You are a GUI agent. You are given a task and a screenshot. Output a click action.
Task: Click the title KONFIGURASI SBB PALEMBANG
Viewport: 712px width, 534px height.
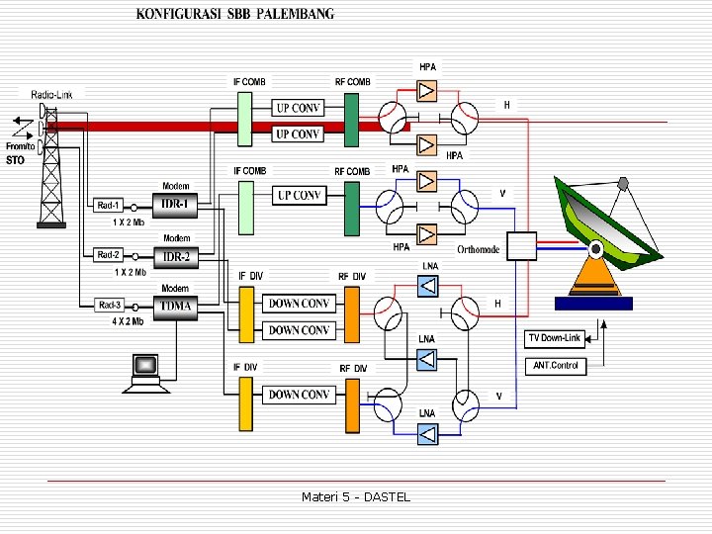[234, 14]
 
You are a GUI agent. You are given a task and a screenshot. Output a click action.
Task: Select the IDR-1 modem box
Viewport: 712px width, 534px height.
[176, 205]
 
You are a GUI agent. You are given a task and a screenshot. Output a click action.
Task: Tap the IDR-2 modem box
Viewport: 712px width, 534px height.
[176, 256]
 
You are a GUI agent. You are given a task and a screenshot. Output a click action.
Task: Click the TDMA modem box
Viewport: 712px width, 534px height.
[176, 306]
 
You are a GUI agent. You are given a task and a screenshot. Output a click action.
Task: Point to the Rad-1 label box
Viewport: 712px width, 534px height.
[109, 206]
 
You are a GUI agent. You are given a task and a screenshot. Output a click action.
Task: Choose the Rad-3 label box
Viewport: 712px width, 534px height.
[109, 305]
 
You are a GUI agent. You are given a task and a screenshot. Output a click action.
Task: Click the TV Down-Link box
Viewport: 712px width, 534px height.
[554, 338]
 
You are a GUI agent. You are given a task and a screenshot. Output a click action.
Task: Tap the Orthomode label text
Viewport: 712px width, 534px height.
[479, 249]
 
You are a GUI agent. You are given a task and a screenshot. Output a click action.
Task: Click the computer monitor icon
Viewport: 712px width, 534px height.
[144, 367]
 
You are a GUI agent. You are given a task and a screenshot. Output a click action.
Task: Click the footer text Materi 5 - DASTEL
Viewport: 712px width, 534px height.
[356, 496]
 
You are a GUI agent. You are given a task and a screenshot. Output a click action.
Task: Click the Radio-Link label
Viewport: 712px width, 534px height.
[51, 94]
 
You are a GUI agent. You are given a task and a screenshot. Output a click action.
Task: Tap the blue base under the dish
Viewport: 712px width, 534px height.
[593, 304]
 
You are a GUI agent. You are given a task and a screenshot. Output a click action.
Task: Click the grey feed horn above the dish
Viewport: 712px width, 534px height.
[623, 183]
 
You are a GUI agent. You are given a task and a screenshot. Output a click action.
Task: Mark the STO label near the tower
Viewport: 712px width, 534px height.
[15, 159]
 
